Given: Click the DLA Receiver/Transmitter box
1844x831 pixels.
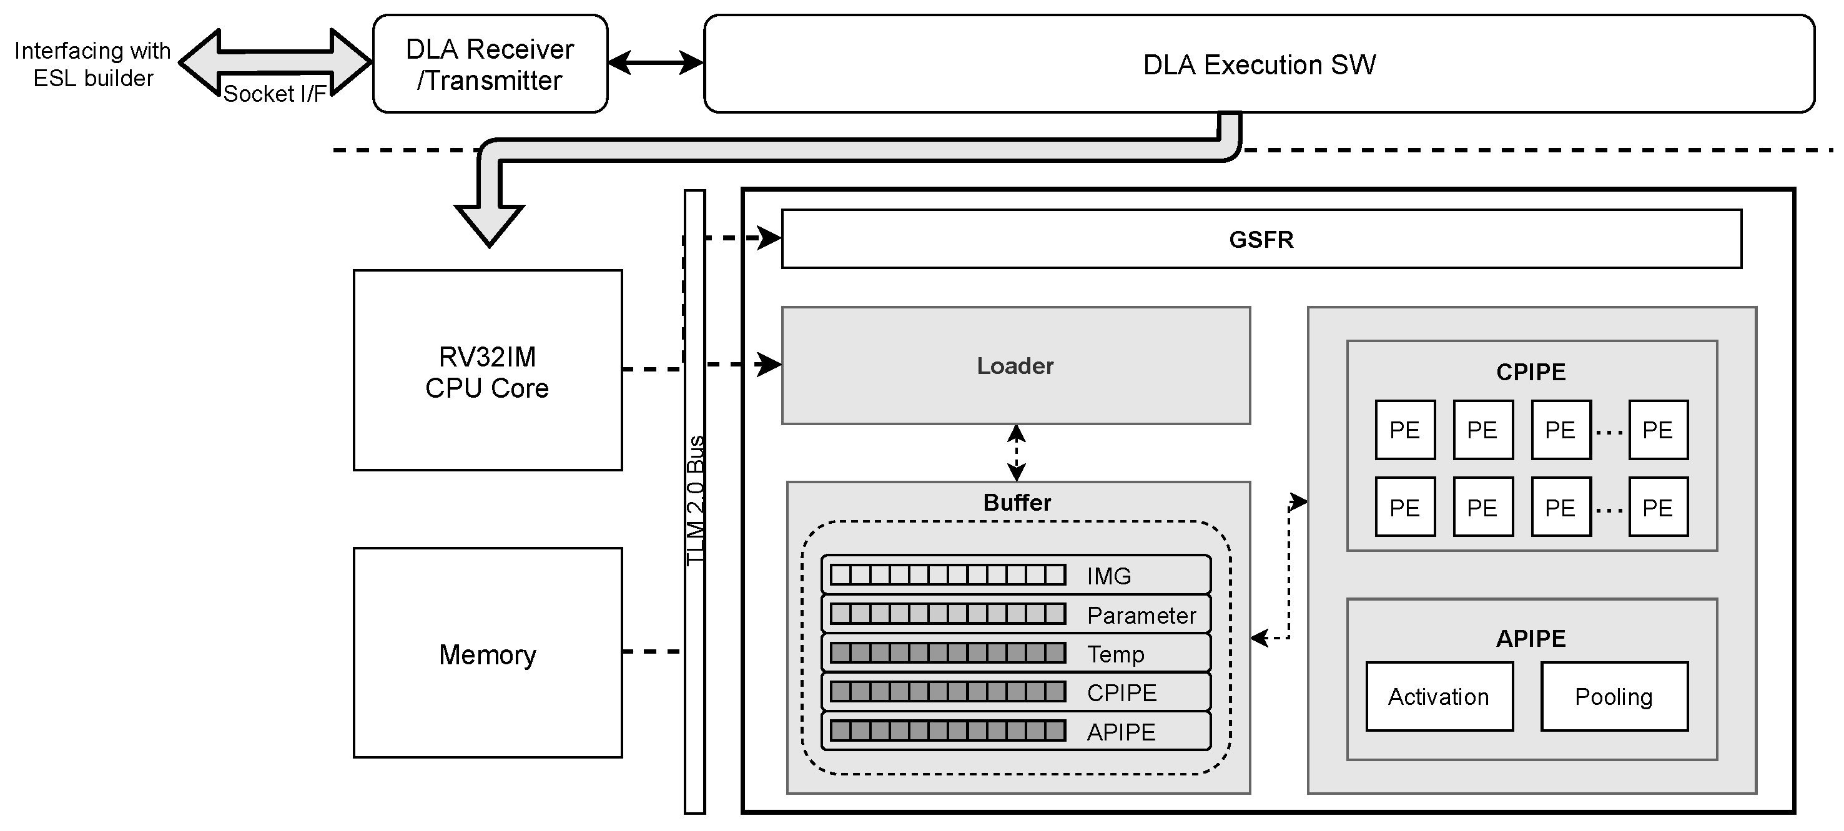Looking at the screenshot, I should coord(490,64).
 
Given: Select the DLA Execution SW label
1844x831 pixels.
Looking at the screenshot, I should coord(1258,64).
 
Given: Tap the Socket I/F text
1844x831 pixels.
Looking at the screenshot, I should coord(274,94).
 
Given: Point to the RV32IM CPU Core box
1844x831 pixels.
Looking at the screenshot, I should coord(488,370).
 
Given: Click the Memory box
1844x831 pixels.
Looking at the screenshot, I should coord(488,653).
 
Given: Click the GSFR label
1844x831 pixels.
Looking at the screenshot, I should coord(1261,239).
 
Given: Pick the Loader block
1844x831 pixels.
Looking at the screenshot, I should coord(1015,366).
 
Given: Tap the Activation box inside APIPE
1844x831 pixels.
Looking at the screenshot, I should coord(1438,696).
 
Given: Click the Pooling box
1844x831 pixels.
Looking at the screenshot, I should coord(1614,696).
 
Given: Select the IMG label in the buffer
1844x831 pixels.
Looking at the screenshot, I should coord(1108,576).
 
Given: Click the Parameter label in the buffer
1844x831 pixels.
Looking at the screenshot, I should coord(1141,615).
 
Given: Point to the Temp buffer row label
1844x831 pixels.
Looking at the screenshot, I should coord(1115,654).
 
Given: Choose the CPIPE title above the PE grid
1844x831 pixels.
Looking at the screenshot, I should coord(1531,371).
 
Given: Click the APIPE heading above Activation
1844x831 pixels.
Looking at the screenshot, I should coord(1531,637).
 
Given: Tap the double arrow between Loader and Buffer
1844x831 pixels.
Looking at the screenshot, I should coord(1016,453).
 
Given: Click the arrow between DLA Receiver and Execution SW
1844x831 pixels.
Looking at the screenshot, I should coord(655,63).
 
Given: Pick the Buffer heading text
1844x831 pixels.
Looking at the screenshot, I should coord(1017,502).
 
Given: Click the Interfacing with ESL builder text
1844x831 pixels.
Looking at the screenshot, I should coord(93,64).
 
